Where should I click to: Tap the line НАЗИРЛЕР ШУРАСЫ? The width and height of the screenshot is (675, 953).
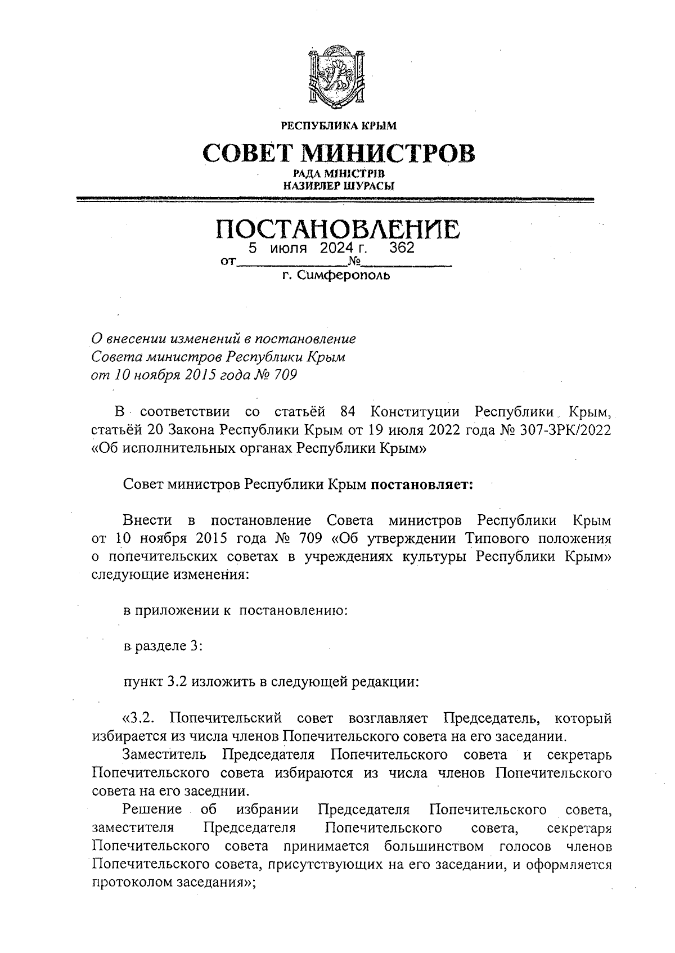pos(338,185)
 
